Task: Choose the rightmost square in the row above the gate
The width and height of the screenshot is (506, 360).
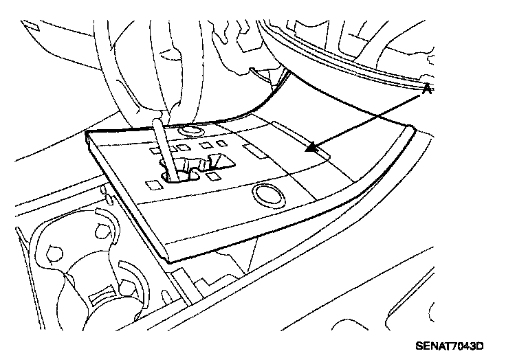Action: click(x=221, y=144)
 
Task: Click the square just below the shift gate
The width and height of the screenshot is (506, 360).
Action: click(x=214, y=176)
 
